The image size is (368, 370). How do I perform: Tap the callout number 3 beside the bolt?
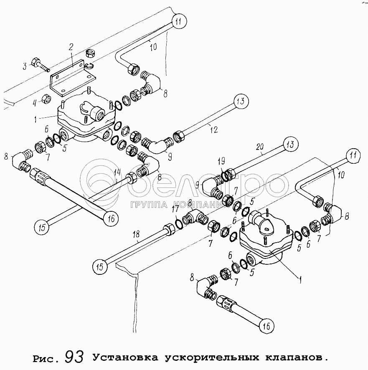point(25,66)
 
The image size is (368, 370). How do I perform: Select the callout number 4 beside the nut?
point(35,103)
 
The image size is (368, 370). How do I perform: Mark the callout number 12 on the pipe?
point(214,129)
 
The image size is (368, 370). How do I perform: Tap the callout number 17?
point(175,209)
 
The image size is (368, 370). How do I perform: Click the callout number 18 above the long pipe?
point(136,234)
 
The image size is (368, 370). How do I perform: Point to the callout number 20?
point(260,147)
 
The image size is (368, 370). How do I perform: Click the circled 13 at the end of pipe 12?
point(241,101)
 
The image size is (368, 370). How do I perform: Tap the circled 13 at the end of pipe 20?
point(290,144)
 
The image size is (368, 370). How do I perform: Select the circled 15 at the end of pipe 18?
point(100,267)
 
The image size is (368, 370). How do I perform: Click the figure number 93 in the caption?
point(74,357)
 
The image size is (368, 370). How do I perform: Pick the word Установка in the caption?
point(126,358)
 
